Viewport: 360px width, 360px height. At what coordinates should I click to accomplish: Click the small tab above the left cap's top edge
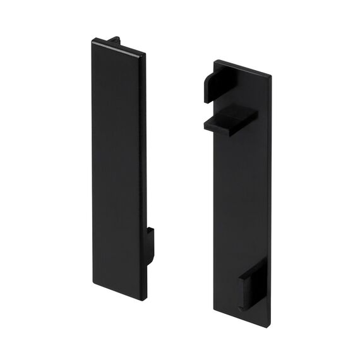[x=114, y=40]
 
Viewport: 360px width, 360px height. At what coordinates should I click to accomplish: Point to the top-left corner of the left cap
[x=93, y=41]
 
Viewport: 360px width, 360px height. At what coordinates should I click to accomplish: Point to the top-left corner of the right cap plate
[x=215, y=61]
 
